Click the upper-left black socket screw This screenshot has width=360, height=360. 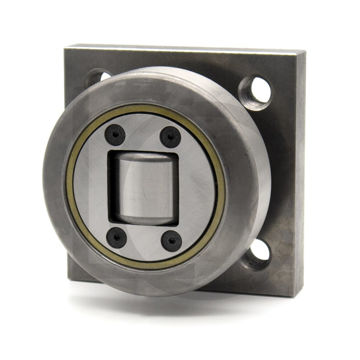pyautogui.click(x=115, y=134)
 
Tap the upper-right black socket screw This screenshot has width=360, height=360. pyautogui.click(x=171, y=136)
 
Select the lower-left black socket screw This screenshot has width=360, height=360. pyautogui.click(x=116, y=237)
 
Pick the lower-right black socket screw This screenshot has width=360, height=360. pyautogui.click(x=171, y=241)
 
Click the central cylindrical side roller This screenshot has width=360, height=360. pyautogui.click(x=144, y=189)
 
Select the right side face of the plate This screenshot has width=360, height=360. pyautogui.click(x=299, y=180)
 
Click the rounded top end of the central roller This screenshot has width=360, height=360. pyautogui.click(x=144, y=157)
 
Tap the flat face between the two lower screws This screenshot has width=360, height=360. pyautogui.click(x=144, y=241)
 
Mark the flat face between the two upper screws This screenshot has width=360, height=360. pyautogui.click(x=143, y=133)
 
